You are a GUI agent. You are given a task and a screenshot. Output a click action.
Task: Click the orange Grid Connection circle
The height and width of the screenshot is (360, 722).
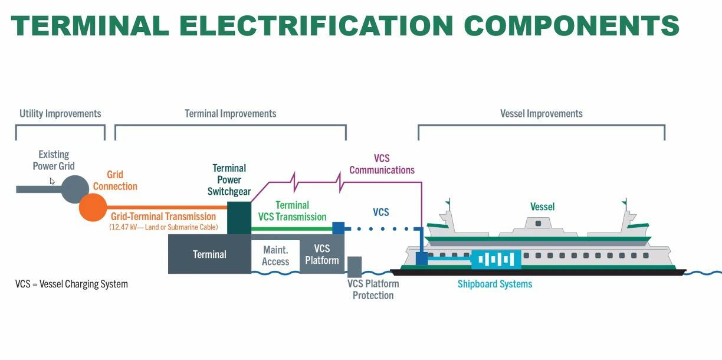click(x=93, y=207)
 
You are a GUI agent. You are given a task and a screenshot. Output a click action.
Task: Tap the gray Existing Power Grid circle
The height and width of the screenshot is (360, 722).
click(x=75, y=189)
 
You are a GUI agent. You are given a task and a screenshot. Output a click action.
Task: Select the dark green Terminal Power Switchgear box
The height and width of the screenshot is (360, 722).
click(x=239, y=218)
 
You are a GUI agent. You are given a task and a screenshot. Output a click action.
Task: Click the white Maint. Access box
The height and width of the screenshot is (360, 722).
click(x=275, y=256)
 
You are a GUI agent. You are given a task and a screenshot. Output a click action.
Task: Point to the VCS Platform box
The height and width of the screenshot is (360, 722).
click(x=322, y=255)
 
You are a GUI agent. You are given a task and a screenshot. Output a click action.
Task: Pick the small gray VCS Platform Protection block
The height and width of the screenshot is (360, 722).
click(x=355, y=267)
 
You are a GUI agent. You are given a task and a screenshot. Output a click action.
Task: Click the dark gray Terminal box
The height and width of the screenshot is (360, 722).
click(x=209, y=254)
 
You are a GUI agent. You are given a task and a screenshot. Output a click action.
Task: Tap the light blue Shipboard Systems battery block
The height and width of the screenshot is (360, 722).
click(x=495, y=259)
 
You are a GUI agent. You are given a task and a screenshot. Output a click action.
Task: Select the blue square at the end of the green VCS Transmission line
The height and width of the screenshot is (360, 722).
click(x=338, y=228)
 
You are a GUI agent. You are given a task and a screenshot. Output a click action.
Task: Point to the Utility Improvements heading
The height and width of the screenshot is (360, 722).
click(x=60, y=113)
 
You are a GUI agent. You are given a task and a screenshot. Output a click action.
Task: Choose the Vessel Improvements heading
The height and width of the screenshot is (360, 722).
click(x=541, y=113)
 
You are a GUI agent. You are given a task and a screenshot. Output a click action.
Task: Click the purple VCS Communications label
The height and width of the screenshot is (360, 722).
click(x=382, y=165)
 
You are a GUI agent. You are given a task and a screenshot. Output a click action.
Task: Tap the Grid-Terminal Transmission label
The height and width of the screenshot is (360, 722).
click(x=163, y=217)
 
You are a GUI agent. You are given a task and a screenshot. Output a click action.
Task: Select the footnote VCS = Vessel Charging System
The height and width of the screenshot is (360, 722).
click(x=71, y=284)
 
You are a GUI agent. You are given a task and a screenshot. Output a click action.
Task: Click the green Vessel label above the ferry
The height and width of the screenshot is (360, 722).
click(x=542, y=207)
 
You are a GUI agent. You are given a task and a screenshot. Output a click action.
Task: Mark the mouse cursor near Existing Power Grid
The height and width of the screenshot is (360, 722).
click(x=52, y=181)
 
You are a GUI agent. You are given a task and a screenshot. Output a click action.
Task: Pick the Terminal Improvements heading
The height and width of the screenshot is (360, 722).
click(x=230, y=113)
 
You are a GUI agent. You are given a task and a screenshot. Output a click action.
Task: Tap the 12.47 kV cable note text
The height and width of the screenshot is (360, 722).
click(x=163, y=227)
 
